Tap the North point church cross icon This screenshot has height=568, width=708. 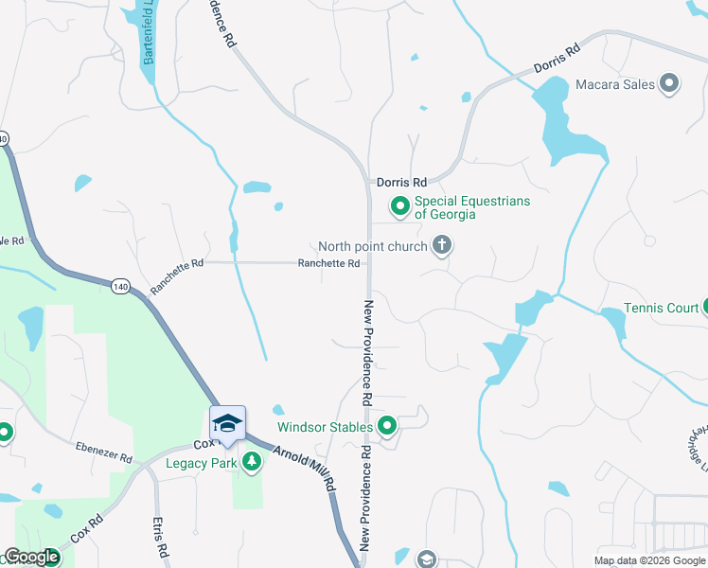tap(441, 246)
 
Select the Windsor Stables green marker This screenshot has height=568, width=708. tap(386, 427)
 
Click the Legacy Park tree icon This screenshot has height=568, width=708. tap(252, 462)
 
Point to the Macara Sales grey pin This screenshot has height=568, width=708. tap(670, 84)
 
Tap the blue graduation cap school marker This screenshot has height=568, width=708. tap(227, 424)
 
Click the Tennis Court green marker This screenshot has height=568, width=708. tap(705, 307)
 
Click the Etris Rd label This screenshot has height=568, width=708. tap(160, 536)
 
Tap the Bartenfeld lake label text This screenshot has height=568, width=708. tap(149, 38)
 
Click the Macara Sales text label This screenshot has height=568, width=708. tap(615, 84)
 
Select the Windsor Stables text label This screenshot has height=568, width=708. tap(325, 427)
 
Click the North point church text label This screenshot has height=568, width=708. tap(379, 246)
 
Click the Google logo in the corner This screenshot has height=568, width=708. tap(31, 557)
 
